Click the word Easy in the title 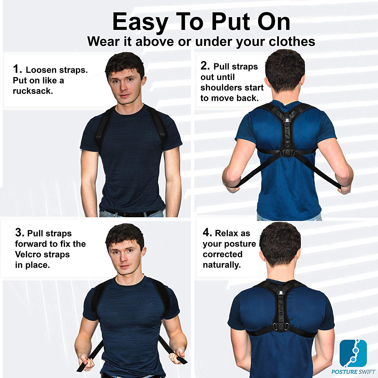(140, 22)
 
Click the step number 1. (17, 69)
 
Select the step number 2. (205, 66)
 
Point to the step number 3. (20, 232)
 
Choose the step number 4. (207, 232)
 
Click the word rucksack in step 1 (33, 91)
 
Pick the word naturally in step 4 (222, 265)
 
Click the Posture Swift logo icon (353, 353)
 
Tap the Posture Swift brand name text (353, 372)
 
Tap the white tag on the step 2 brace (288, 120)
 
